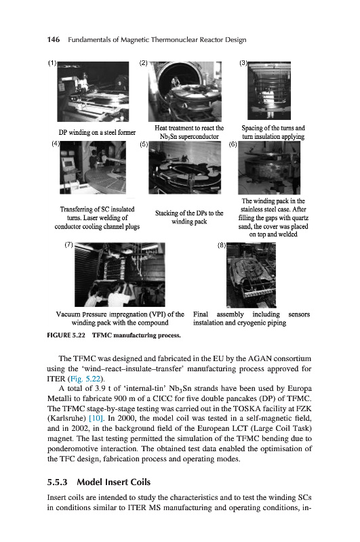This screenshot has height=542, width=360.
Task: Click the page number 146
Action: pos(54,40)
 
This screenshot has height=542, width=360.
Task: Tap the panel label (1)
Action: pos(52,63)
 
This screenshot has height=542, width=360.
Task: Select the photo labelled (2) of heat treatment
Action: pos(185,91)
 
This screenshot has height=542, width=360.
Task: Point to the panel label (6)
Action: pos(233,144)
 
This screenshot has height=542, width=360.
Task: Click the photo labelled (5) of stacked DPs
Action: pos(184,167)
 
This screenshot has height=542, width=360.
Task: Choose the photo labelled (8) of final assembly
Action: pos(251,275)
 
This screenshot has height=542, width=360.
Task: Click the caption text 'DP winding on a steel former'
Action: pos(97,132)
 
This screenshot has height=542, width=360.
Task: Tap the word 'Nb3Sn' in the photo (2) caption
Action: pos(168,137)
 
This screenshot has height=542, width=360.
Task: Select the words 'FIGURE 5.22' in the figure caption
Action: pos(66,335)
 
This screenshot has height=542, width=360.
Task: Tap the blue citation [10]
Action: pos(96,418)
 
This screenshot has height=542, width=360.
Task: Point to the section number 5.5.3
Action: pos(58,482)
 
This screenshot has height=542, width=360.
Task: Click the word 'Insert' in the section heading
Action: pos(117,482)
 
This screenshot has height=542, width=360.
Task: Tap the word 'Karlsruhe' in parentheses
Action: pos(66,418)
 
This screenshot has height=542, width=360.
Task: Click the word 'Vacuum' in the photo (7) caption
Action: pos(68,314)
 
